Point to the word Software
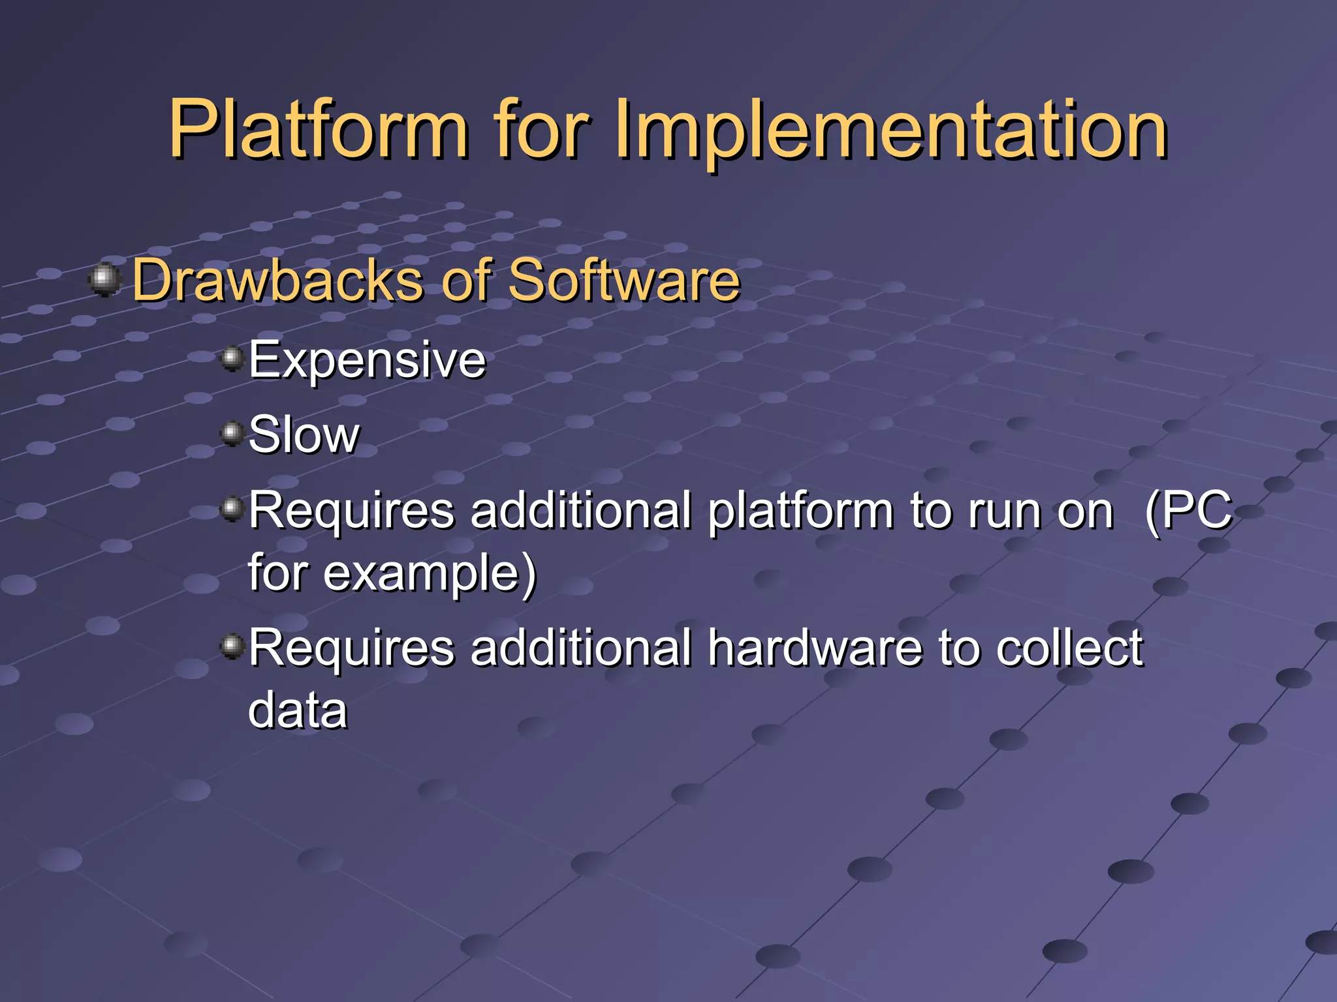point(623,281)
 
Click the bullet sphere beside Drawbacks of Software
point(104,279)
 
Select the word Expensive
point(367,359)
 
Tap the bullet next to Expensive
point(232,358)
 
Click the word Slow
point(304,434)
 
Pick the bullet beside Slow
point(232,433)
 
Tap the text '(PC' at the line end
point(1188,511)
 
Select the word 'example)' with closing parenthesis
point(430,573)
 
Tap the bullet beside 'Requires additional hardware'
point(232,646)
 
